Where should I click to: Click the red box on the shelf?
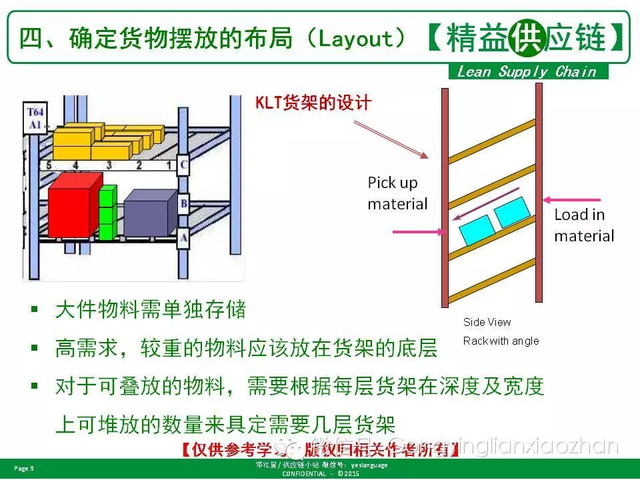pyautogui.click(x=73, y=204)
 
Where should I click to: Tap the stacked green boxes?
pyautogui.click(x=107, y=213)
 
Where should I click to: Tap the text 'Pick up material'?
pyautogui.click(x=397, y=193)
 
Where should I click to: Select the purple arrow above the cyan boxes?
pyautogui.click(x=486, y=204)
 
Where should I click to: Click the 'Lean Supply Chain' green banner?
pyautogui.click(x=527, y=72)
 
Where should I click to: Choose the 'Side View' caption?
pyautogui.click(x=487, y=323)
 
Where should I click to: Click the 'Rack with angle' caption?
pyautogui.click(x=501, y=341)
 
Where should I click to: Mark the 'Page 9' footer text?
pyautogui.click(x=24, y=469)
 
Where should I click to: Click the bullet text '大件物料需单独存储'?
pyautogui.click(x=151, y=309)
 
